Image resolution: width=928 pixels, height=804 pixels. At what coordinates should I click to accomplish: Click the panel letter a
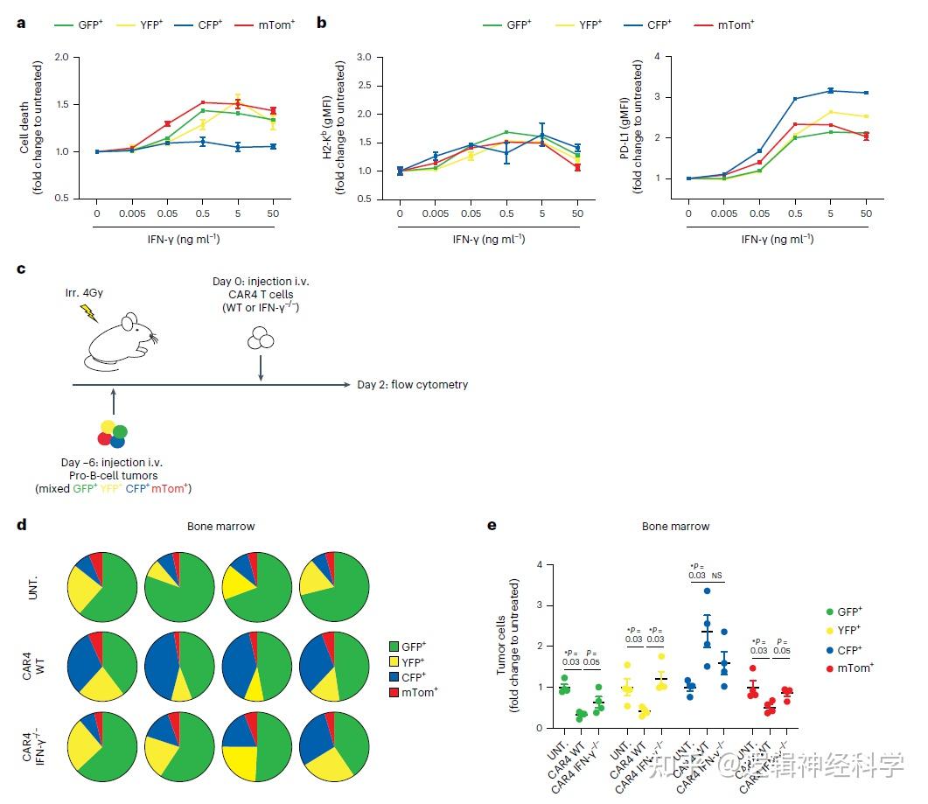point(21,23)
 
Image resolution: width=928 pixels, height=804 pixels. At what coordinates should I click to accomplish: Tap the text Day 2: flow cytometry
point(412,384)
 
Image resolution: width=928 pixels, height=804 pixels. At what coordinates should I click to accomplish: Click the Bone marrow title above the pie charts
point(220,527)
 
